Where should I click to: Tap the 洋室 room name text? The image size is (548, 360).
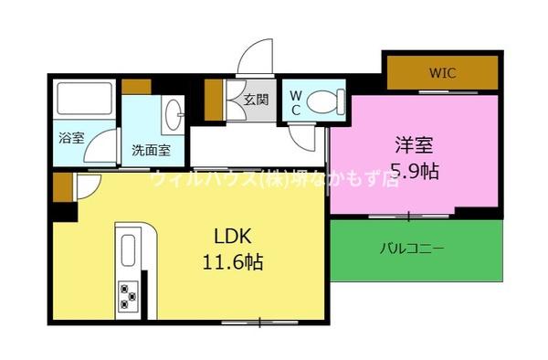[413, 145]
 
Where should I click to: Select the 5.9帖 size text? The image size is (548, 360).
[413, 170]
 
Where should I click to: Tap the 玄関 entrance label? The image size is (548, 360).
[255, 99]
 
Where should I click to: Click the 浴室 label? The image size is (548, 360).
[71, 139]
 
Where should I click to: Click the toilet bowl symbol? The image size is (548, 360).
[324, 101]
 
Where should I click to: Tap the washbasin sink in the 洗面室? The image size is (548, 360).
[174, 114]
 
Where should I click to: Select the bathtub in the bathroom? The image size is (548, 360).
[85, 99]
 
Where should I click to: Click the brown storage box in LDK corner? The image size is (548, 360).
[61, 189]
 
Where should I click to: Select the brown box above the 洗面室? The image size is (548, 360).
[137, 87]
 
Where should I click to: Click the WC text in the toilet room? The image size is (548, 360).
[296, 101]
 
